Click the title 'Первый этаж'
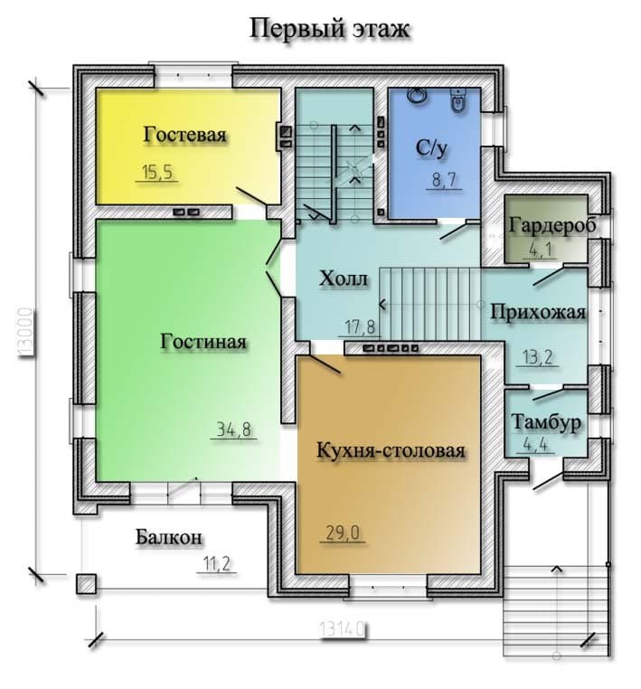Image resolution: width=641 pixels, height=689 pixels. click(330, 30)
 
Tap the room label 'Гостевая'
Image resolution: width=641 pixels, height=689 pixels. click(184, 135)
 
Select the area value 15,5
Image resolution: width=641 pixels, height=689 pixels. click(156, 172)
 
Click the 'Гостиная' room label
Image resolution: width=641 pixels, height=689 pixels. click(203, 342)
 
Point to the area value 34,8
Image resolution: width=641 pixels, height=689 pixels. click(234, 429)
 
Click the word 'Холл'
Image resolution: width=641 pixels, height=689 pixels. click(344, 278)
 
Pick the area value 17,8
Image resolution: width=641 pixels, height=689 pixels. click(360, 327)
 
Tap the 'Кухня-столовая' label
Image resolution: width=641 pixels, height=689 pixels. click(391, 451)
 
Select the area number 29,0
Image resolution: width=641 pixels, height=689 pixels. click(343, 533)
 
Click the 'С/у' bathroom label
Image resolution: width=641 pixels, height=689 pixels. click(431, 148)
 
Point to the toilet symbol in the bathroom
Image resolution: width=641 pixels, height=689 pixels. click(459, 99)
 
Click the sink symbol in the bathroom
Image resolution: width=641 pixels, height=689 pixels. click(416, 95)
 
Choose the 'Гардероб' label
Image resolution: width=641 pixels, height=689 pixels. click(552, 225)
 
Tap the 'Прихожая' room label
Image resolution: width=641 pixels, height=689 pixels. click(538, 313)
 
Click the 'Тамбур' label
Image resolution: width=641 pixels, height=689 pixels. click(546, 422)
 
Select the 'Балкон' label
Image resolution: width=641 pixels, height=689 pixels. click(169, 536)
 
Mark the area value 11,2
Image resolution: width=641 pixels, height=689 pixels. click(217, 563)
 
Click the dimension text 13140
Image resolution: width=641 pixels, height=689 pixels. click(342, 630)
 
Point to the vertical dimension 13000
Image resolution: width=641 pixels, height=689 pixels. click(26, 333)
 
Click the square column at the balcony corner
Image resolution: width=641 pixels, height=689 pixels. click(86, 584)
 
